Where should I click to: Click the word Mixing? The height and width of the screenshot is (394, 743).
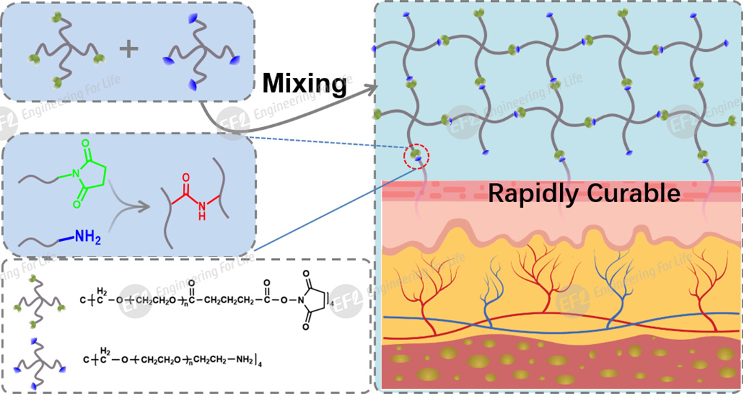(x=305, y=83)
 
